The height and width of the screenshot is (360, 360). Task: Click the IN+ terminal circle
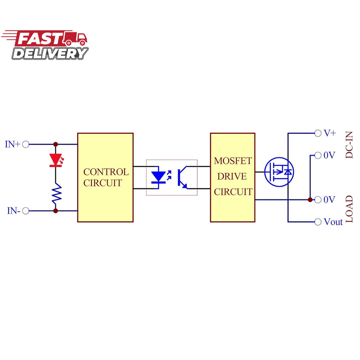26,144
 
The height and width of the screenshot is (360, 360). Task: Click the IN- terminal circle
26,211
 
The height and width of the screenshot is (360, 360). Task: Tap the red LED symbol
55,159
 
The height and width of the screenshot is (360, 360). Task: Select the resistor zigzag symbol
56,193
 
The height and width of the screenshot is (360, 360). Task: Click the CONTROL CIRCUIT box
105,177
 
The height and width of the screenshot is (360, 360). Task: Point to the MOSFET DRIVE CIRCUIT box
233,177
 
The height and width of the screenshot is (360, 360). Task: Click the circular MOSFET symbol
279,172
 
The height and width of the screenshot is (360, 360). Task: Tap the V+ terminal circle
318,133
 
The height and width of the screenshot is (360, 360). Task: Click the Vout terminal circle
318,222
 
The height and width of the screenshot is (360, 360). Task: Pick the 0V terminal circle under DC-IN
318,156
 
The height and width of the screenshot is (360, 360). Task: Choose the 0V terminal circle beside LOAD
318,200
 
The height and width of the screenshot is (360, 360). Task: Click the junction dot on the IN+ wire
55,144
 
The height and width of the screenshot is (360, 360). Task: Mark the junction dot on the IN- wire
55,211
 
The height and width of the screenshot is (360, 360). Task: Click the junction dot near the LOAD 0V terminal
310,200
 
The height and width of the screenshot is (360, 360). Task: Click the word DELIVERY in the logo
50,54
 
